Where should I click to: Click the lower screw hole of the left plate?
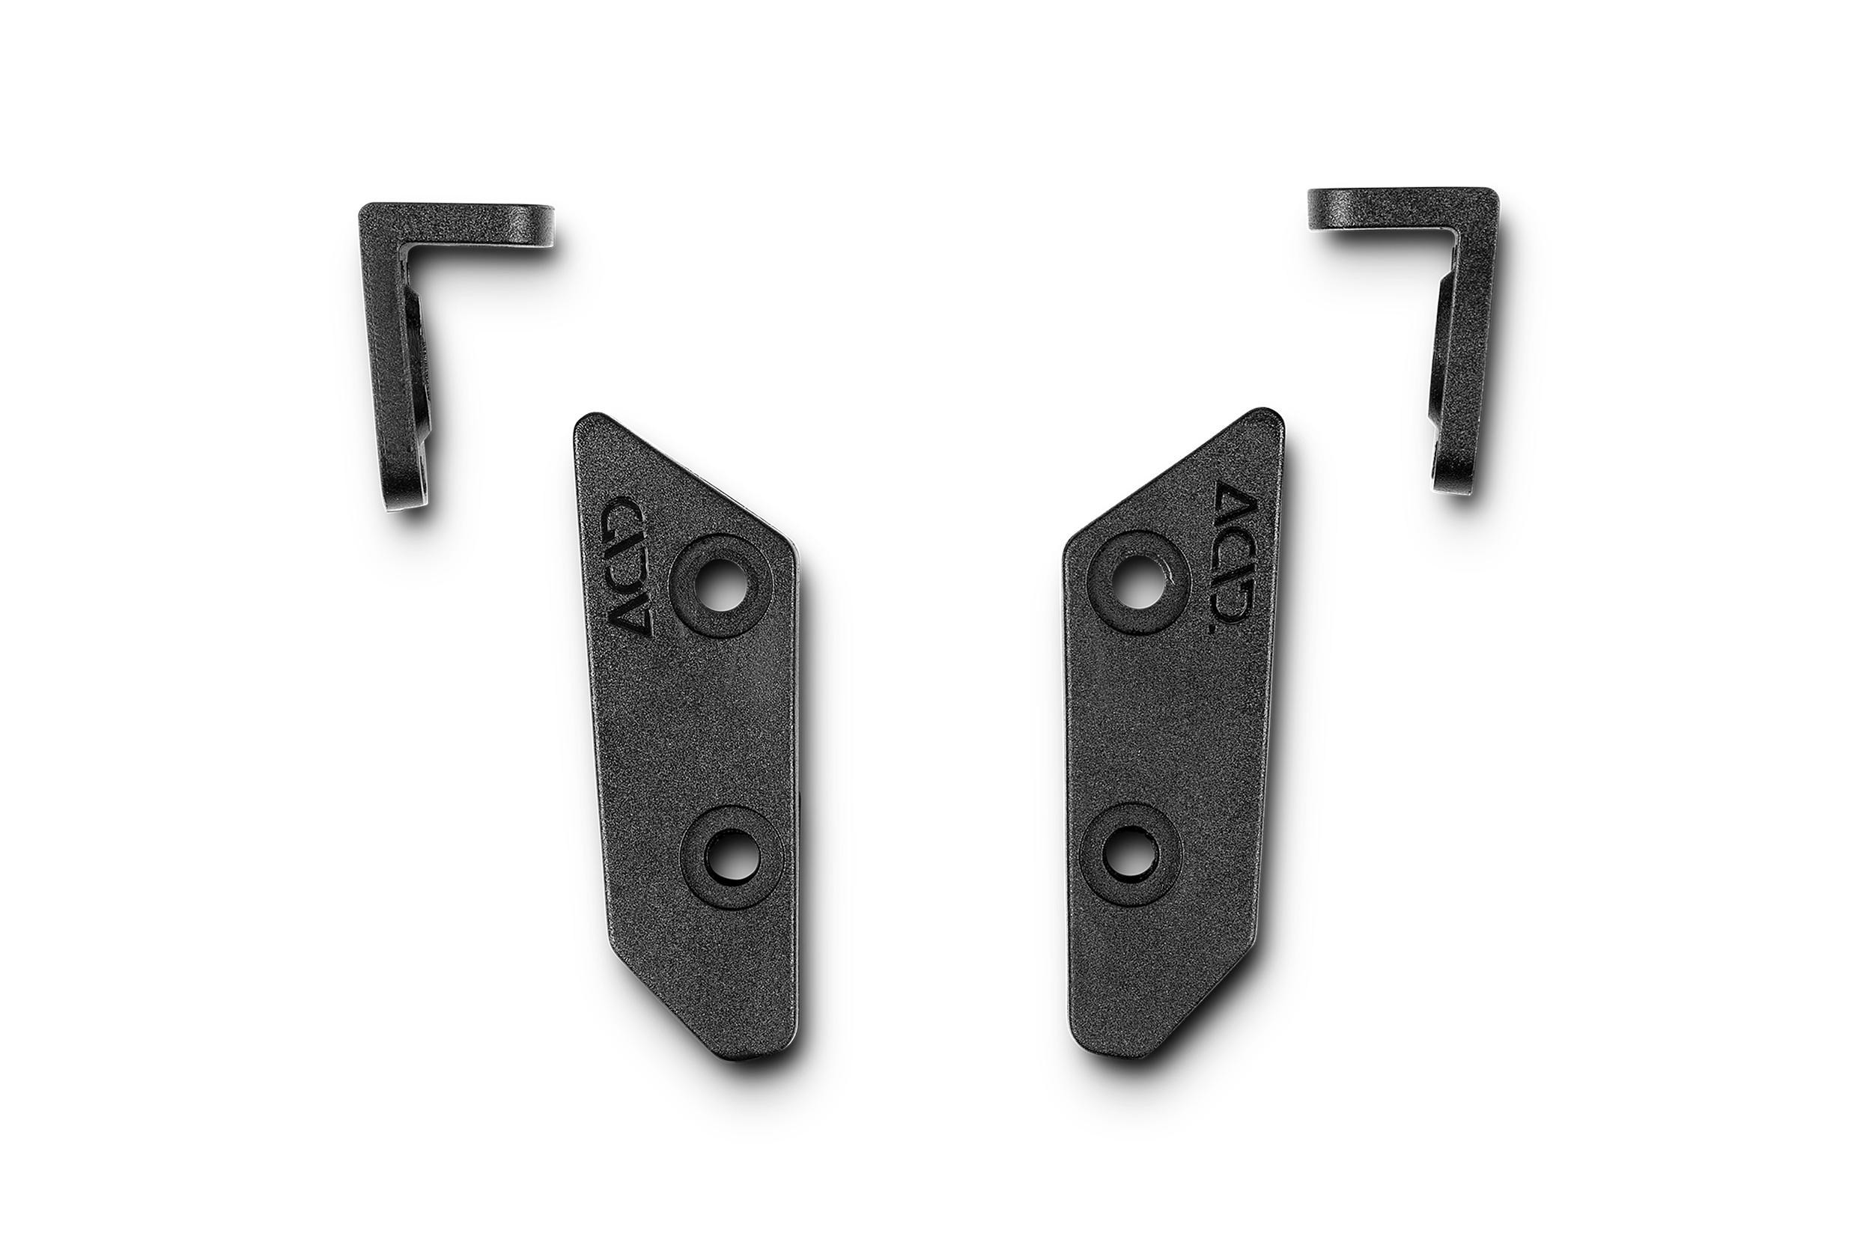point(732,857)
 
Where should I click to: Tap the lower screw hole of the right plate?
point(1130,854)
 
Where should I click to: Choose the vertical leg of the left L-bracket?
point(390,358)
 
